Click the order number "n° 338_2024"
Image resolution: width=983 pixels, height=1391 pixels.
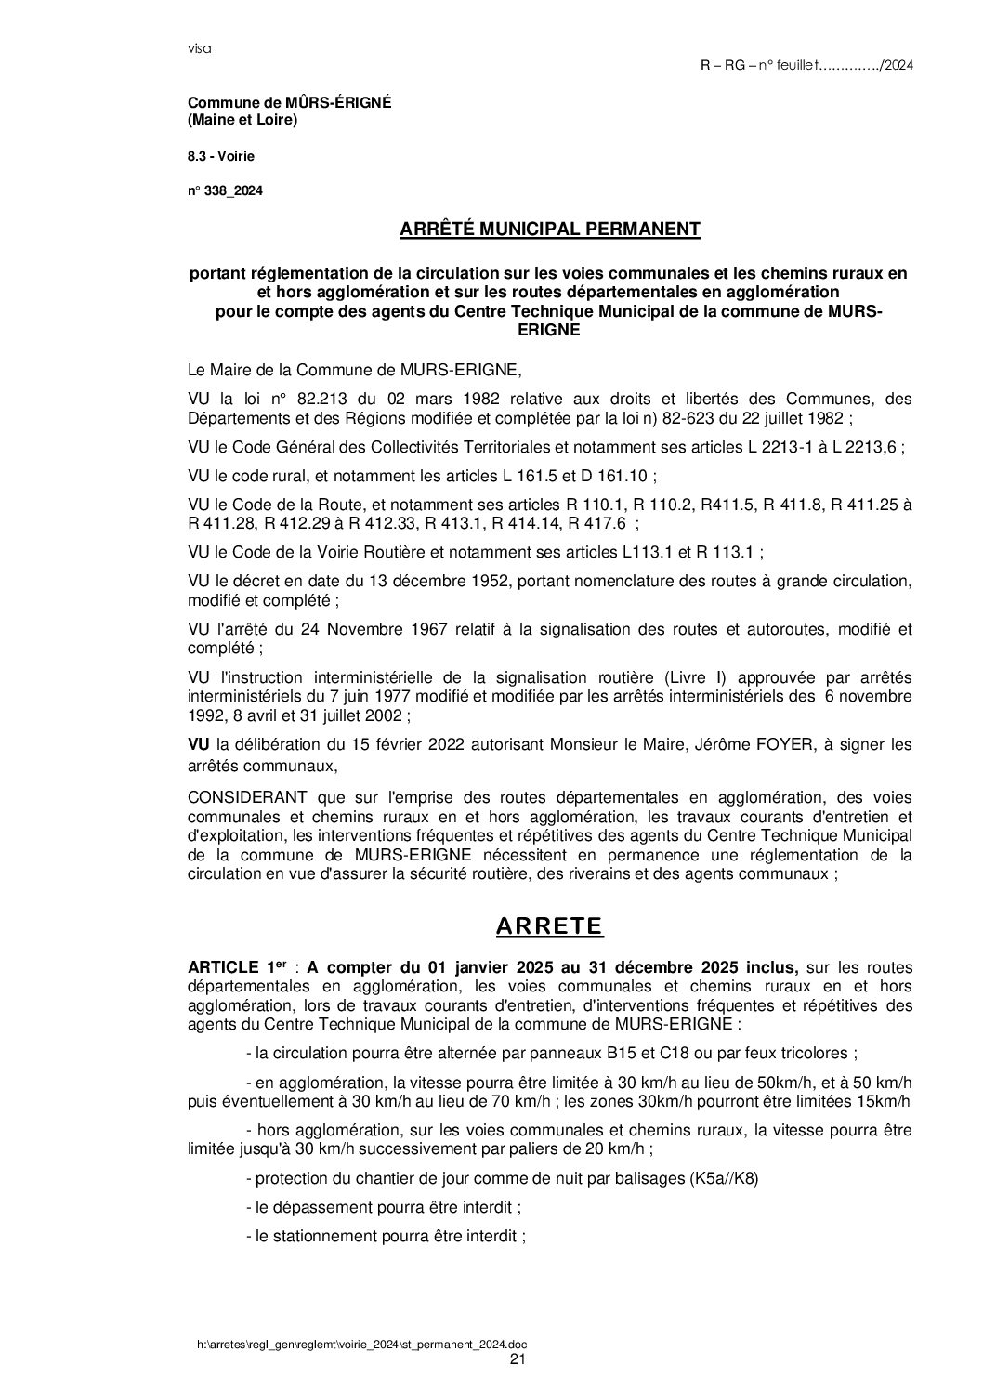(x=225, y=191)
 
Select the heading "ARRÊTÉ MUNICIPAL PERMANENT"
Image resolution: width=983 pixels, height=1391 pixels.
(x=549, y=230)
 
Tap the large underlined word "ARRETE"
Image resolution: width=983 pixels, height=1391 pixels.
(x=549, y=926)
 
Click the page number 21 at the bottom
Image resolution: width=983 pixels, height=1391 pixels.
(x=518, y=1359)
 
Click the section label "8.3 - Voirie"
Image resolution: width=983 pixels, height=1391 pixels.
(x=220, y=156)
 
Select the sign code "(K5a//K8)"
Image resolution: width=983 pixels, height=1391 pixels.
(x=724, y=1179)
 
